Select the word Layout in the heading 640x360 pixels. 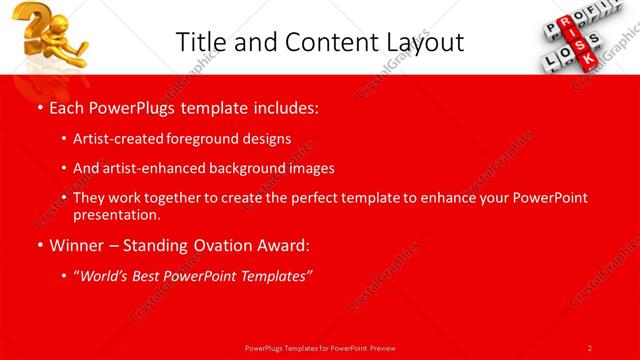tap(427, 41)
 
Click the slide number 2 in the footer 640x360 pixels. tap(589, 347)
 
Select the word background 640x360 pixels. tap(252, 168)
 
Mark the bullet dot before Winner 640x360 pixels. tap(39, 244)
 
